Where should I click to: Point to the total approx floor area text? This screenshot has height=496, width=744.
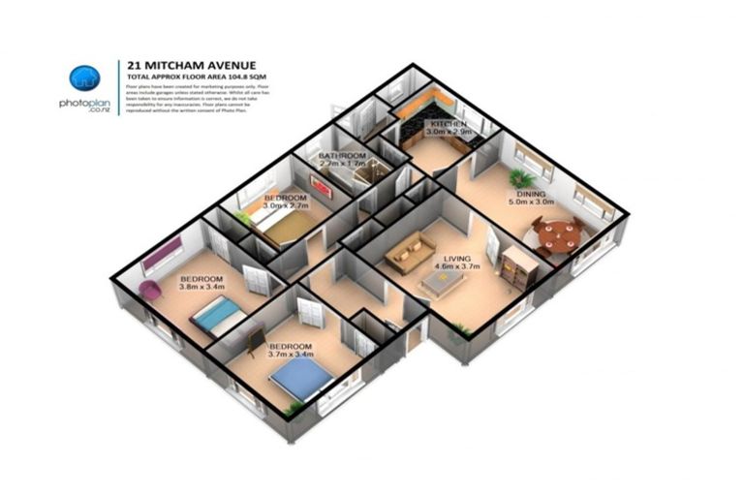(x=190, y=74)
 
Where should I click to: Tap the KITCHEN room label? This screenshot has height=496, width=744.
(x=449, y=125)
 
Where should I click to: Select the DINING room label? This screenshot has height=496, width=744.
(x=516, y=194)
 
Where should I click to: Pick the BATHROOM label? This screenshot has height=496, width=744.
(x=343, y=156)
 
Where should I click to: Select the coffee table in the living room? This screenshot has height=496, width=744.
(x=442, y=282)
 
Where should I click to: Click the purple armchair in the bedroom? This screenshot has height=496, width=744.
(x=151, y=289)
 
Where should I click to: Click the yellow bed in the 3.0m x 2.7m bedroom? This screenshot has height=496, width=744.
(x=283, y=226)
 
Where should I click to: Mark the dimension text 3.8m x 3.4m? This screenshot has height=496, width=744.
(x=201, y=287)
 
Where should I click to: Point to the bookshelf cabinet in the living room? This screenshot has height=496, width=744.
(x=516, y=264)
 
